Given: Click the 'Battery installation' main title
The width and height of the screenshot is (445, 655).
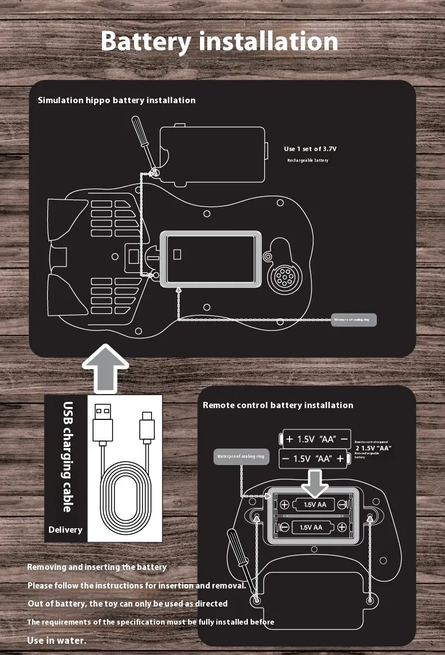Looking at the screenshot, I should point(220,42).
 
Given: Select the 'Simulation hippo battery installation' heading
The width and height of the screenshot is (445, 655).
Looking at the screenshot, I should point(117,100).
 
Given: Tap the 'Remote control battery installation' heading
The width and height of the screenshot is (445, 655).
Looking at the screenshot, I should point(278,405).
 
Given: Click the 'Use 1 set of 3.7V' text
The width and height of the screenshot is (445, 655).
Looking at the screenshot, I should point(310,149).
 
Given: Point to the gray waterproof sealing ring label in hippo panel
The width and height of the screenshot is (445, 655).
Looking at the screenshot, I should point(353,320).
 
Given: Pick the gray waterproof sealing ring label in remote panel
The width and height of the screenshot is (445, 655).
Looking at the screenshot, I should point(241,457).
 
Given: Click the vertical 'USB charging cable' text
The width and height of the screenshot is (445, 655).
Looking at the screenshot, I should point(68,457).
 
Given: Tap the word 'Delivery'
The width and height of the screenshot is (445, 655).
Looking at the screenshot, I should point(65,530).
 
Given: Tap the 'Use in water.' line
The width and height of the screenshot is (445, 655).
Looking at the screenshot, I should point(57,640).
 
